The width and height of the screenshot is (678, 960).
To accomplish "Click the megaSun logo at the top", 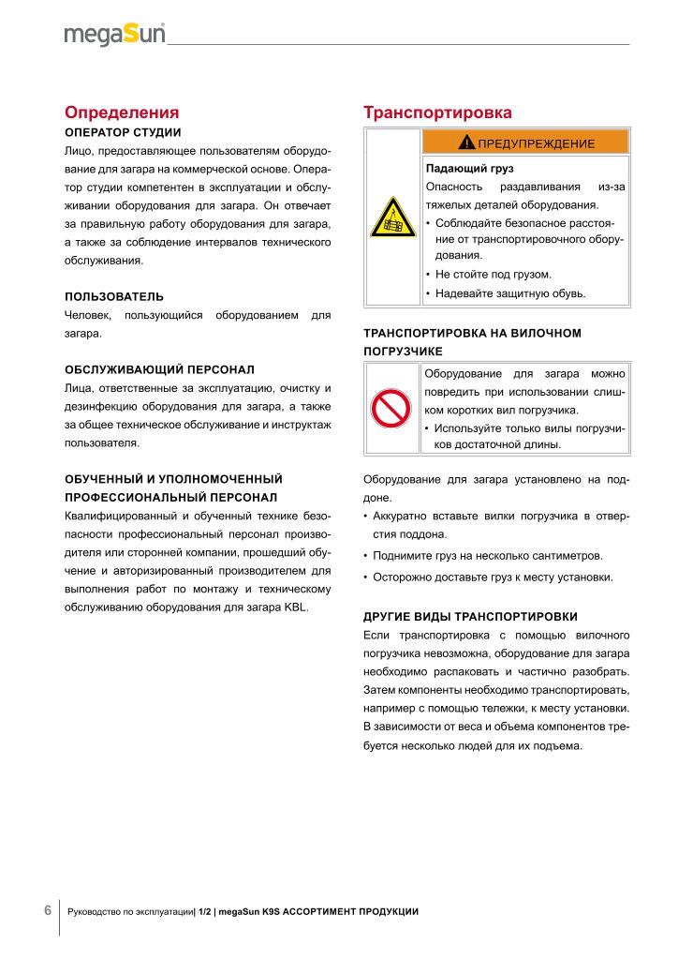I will (114, 35).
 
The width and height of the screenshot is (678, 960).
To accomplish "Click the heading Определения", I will (121, 112).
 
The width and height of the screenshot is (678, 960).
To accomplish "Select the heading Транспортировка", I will (437, 112).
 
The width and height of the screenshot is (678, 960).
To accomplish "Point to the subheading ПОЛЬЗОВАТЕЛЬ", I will (113, 297).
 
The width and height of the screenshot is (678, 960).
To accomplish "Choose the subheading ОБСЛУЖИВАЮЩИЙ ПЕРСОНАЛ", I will (159, 370).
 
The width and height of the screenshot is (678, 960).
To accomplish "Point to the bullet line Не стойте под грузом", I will (494, 275).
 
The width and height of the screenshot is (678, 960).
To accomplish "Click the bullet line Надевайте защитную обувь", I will (510, 293).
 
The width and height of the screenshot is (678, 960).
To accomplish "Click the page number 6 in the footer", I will (47, 910).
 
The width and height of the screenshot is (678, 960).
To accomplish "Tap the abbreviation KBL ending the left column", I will (292, 607).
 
